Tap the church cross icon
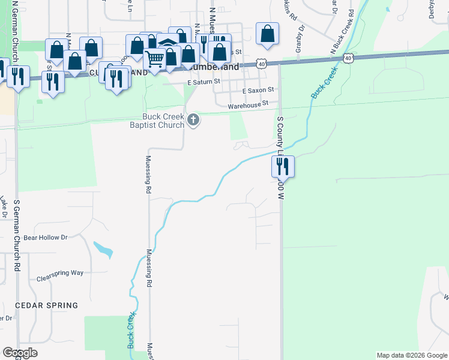[x=193, y=121]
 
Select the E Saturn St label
[x=204, y=82]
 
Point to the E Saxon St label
[x=258, y=90]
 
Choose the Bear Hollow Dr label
[x=46, y=238]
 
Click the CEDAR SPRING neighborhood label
[x=47, y=305]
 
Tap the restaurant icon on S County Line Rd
[x=283, y=166]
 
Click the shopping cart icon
[x=155, y=59]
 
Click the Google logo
[x=20, y=353]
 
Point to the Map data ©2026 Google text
[x=411, y=355]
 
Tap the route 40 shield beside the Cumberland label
[x=261, y=62]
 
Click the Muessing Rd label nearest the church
[x=148, y=174]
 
